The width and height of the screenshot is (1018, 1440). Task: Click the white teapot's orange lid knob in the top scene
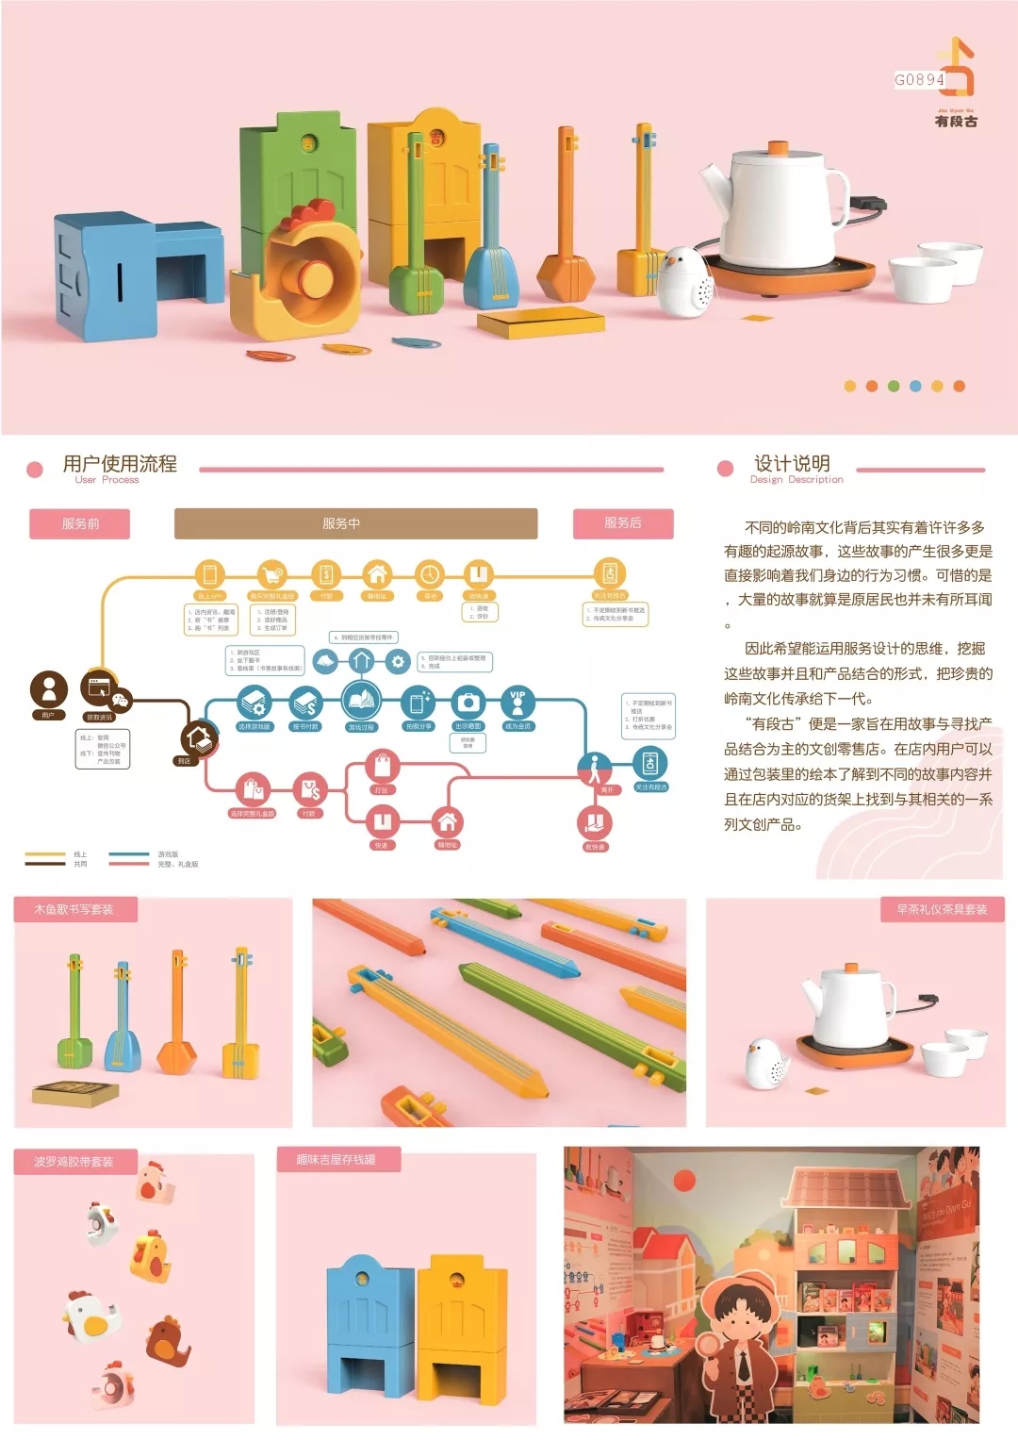click(x=779, y=148)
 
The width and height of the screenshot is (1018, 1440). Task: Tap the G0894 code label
click(x=919, y=80)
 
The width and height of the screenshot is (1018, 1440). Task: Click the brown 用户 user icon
click(x=49, y=689)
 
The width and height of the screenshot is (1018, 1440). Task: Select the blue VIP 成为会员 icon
click(x=517, y=703)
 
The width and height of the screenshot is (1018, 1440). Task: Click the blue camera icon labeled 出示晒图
click(x=468, y=703)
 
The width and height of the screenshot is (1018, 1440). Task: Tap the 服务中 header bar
click(x=355, y=523)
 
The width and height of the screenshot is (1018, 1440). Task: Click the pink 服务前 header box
click(x=80, y=523)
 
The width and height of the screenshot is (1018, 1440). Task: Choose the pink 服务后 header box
click(x=623, y=523)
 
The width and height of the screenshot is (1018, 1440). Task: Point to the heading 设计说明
click(x=792, y=464)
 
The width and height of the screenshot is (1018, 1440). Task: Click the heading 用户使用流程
click(x=120, y=464)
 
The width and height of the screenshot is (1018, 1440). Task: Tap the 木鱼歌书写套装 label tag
click(x=74, y=910)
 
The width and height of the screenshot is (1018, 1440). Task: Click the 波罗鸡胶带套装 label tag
click(x=74, y=1161)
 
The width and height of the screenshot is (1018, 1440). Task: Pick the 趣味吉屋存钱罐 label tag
click(x=337, y=1160)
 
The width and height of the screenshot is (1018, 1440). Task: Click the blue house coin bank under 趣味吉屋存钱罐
click(x=369, y=1325)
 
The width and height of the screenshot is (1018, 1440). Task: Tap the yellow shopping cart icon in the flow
click(x=271, y=574)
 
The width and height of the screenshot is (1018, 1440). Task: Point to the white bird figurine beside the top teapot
click(x=684, y=280)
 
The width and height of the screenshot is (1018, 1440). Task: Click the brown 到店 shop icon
click(x=198, y=739)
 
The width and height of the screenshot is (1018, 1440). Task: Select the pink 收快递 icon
click(x=595, y=823)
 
